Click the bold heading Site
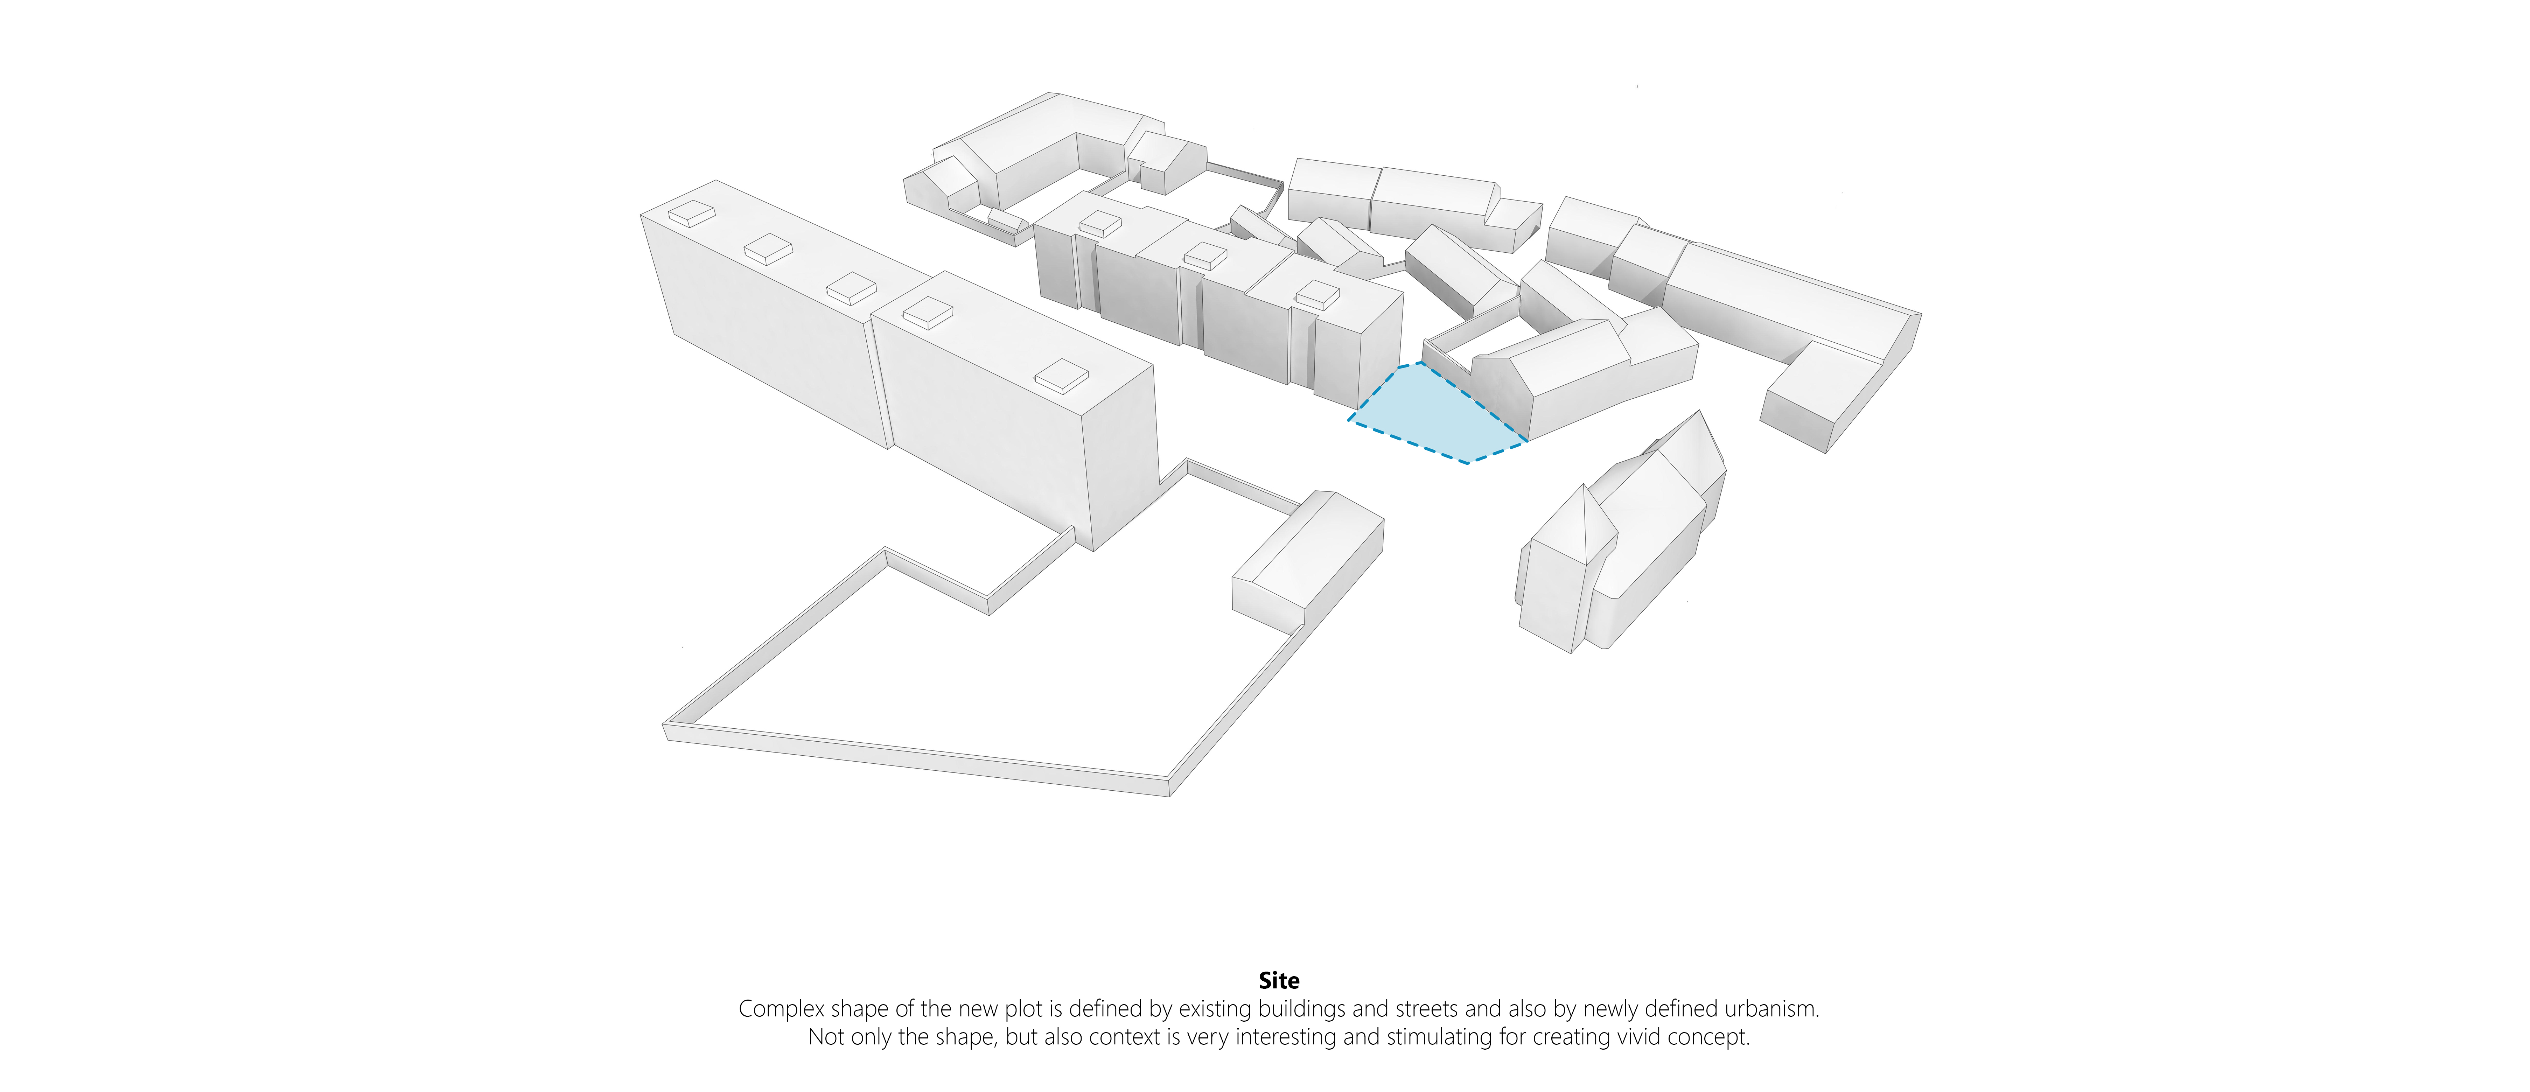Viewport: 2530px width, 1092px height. (x=1279, y=980)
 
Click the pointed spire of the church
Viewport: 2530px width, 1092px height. (x=1583, y=488)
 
